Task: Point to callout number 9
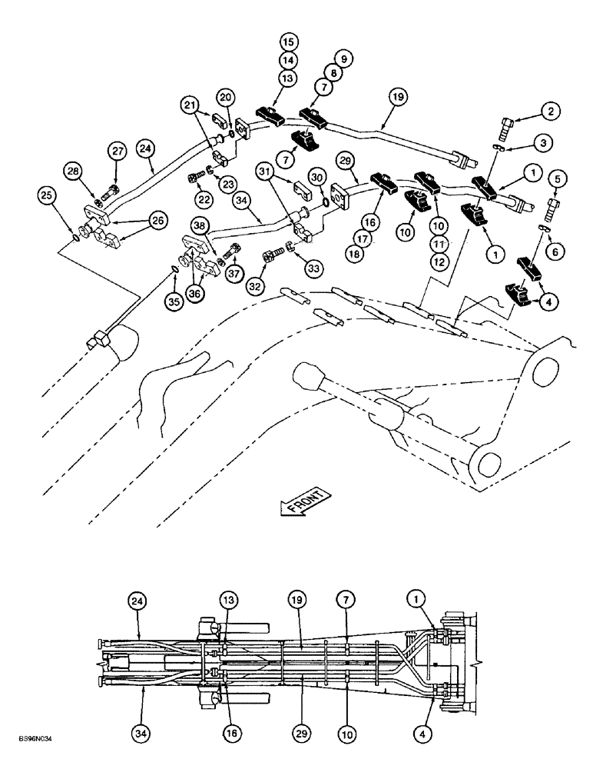(x=343, y=58)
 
